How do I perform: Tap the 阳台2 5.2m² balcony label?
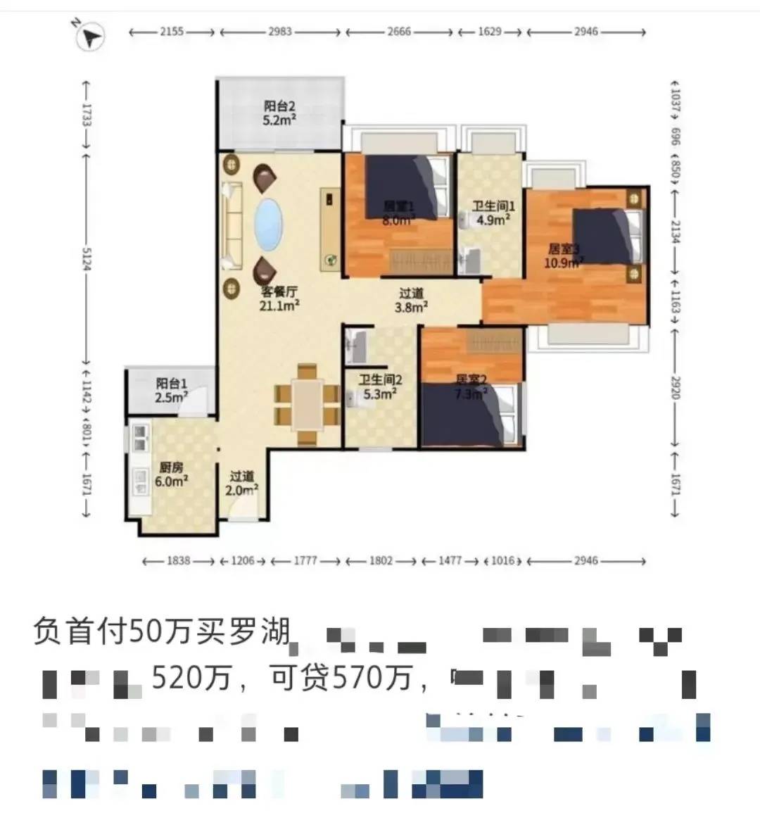pos(279,113)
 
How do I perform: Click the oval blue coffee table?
pos(267,225)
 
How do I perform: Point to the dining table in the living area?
pos(307,405)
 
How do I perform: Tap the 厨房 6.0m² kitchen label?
pos(171,474)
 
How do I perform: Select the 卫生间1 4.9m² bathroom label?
pos(493,213)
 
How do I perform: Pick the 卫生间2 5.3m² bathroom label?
pos(381,387)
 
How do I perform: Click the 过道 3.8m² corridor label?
pos(412,301)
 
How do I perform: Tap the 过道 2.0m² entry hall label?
pos(241,483)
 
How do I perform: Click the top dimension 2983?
pos(280,32)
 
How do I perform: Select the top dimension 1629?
pos(490,32)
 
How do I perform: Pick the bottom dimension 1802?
pos(381,561)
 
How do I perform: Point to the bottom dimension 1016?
pos(503,561)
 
